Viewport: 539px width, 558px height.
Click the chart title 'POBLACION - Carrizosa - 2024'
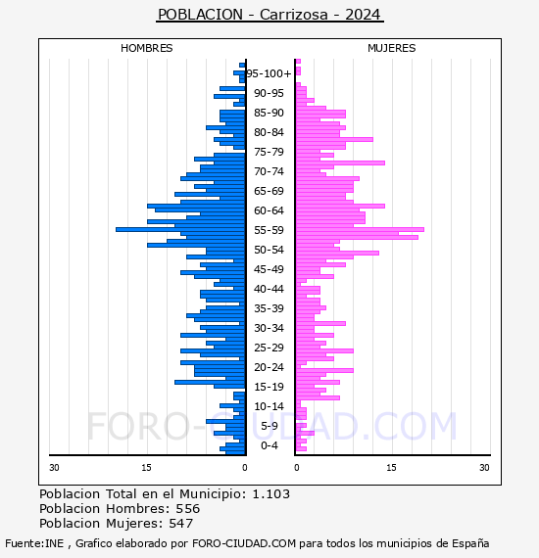pos(269,15)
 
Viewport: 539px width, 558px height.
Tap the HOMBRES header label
pos(146,48)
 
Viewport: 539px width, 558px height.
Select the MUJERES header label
pos(392,48)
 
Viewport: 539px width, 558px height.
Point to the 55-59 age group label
pos(269,230)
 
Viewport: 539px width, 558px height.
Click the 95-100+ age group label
pos(269,73)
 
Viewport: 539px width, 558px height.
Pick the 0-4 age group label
pos(269,445)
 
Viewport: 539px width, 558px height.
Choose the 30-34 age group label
pos(269,328)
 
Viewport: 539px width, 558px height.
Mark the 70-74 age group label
pos(269,171)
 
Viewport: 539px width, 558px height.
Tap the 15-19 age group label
pos(269,387)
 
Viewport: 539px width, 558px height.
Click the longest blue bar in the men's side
pos(180,229)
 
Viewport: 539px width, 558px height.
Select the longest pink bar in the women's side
pos(360,229)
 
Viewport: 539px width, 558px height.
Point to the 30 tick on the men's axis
pos(54,468)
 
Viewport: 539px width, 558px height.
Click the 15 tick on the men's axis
pos(146,468)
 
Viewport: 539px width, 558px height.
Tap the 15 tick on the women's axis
pos(391,468)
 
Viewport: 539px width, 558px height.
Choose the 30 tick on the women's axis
pos(484,468)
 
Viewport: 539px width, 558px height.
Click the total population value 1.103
pos(271,494)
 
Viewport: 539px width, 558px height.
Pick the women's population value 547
pos(180,524)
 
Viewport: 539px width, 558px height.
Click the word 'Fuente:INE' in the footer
pos(34,543)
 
